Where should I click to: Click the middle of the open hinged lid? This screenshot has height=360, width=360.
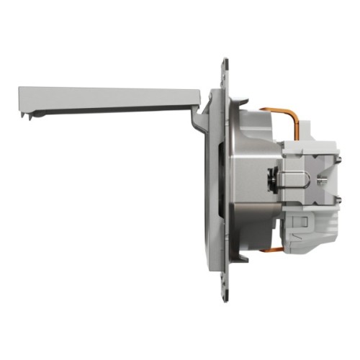click(108, 96)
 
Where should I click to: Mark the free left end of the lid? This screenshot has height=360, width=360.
click(20, 96)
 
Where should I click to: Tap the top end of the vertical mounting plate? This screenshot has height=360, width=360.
click(225, 65)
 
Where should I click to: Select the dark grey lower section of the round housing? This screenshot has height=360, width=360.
click(252, 223)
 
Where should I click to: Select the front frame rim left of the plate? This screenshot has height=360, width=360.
click(210, 180)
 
